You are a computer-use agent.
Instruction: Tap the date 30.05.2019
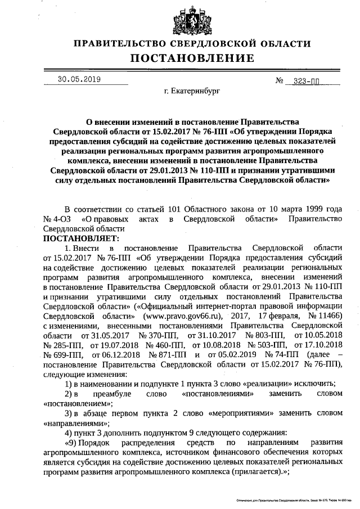(79, 79)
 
